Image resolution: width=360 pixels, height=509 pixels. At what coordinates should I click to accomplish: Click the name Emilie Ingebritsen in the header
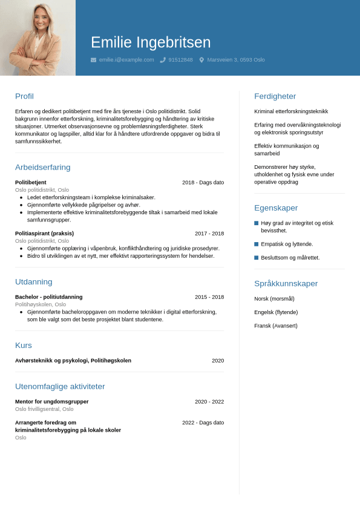pos(151,42)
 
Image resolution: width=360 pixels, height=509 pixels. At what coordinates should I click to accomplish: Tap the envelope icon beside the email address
pos(93,60)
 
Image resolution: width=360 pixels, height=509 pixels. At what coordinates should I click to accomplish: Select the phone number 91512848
pos(180,60)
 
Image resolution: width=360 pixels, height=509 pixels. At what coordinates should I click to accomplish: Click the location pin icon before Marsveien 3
pos(201,60)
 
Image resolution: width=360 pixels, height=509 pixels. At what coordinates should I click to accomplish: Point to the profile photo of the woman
pos(38,38)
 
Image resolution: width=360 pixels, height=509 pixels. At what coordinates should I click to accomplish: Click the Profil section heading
pos(24,96)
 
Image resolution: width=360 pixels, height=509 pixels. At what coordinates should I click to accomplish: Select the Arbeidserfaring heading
pos(42,167)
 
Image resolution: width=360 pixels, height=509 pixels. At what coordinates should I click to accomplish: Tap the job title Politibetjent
pos(31,182)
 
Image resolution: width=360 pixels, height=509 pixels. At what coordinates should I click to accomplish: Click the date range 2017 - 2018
pos(209,234)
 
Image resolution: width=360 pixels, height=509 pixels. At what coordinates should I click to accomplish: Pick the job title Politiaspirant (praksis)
pos(44,234)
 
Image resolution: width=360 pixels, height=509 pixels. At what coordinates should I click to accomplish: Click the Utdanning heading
pos(33,281)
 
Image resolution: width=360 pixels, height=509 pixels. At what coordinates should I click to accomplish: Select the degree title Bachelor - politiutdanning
pos(49,297)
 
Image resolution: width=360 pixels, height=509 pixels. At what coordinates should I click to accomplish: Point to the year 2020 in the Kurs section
pos(218,361)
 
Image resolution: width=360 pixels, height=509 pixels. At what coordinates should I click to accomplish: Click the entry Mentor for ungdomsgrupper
pos(52,402)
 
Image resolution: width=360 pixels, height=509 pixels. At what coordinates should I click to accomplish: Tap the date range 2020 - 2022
pos(209,402)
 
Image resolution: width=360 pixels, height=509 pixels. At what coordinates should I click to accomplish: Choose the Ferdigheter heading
pos(275,96)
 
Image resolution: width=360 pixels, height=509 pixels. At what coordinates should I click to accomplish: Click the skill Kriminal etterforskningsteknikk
pos(291,111)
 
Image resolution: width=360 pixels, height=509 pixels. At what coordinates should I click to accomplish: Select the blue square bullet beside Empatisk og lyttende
pos(257,244)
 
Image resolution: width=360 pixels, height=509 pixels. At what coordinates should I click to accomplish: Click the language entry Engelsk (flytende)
pos(276,312)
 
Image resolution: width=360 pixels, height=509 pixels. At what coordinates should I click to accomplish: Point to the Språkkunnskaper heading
pos(286,283)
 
